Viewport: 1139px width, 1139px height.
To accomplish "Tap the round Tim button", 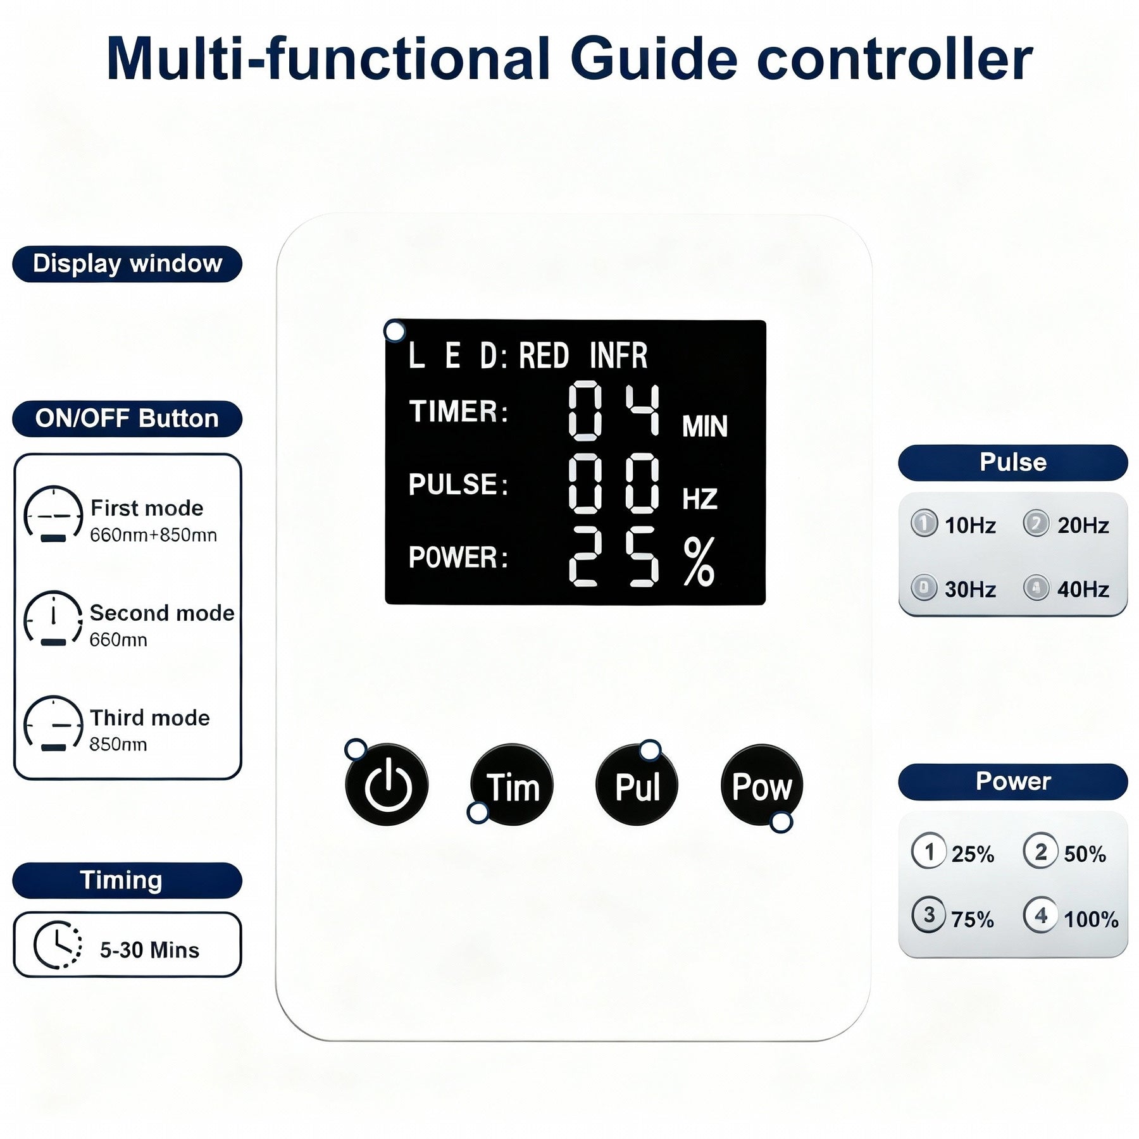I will click(512, 785).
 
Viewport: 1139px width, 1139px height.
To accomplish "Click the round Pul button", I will click(637, 785).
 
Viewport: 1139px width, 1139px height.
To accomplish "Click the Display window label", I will click(127, 264).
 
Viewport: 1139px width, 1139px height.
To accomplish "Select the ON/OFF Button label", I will click(127, 419).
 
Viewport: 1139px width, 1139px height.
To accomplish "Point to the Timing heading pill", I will click(127, 880).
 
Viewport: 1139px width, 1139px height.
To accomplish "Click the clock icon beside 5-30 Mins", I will click(57, 945).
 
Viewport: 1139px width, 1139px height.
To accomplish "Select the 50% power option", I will click(1066, 853).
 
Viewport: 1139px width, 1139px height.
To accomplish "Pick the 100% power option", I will click(1072, 918).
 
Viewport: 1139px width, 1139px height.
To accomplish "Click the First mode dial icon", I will click(53, 514).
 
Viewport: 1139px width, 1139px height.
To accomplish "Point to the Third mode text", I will click(149, 718).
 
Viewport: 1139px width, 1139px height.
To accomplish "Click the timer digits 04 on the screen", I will click(614, 411).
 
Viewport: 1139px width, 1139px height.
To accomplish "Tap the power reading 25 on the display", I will click(614, 557).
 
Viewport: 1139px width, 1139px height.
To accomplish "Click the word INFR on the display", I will click(618, 356).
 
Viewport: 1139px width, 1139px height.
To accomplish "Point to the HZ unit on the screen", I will click(700, 499).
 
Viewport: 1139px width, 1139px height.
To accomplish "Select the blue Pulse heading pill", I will click(1012, 463).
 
